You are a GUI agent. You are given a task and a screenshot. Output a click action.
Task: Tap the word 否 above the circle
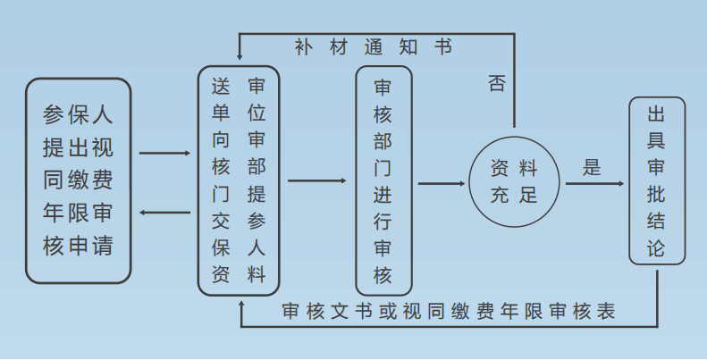[497, 84]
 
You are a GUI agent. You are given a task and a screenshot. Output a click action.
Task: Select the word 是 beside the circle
[591, 167]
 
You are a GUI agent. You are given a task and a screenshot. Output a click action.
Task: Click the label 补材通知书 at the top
[372, 47]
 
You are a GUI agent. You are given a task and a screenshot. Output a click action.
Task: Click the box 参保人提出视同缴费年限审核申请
[79, 180]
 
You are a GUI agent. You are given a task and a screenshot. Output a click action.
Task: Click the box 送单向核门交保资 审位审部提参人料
[239, 180]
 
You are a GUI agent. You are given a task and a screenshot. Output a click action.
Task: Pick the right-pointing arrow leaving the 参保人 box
[165, 154]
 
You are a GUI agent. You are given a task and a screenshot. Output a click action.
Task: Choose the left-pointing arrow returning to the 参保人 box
[165, 213]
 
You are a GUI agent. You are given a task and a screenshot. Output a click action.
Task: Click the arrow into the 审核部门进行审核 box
[317, 181]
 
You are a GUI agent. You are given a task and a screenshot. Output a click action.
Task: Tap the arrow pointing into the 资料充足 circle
[442, 184]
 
